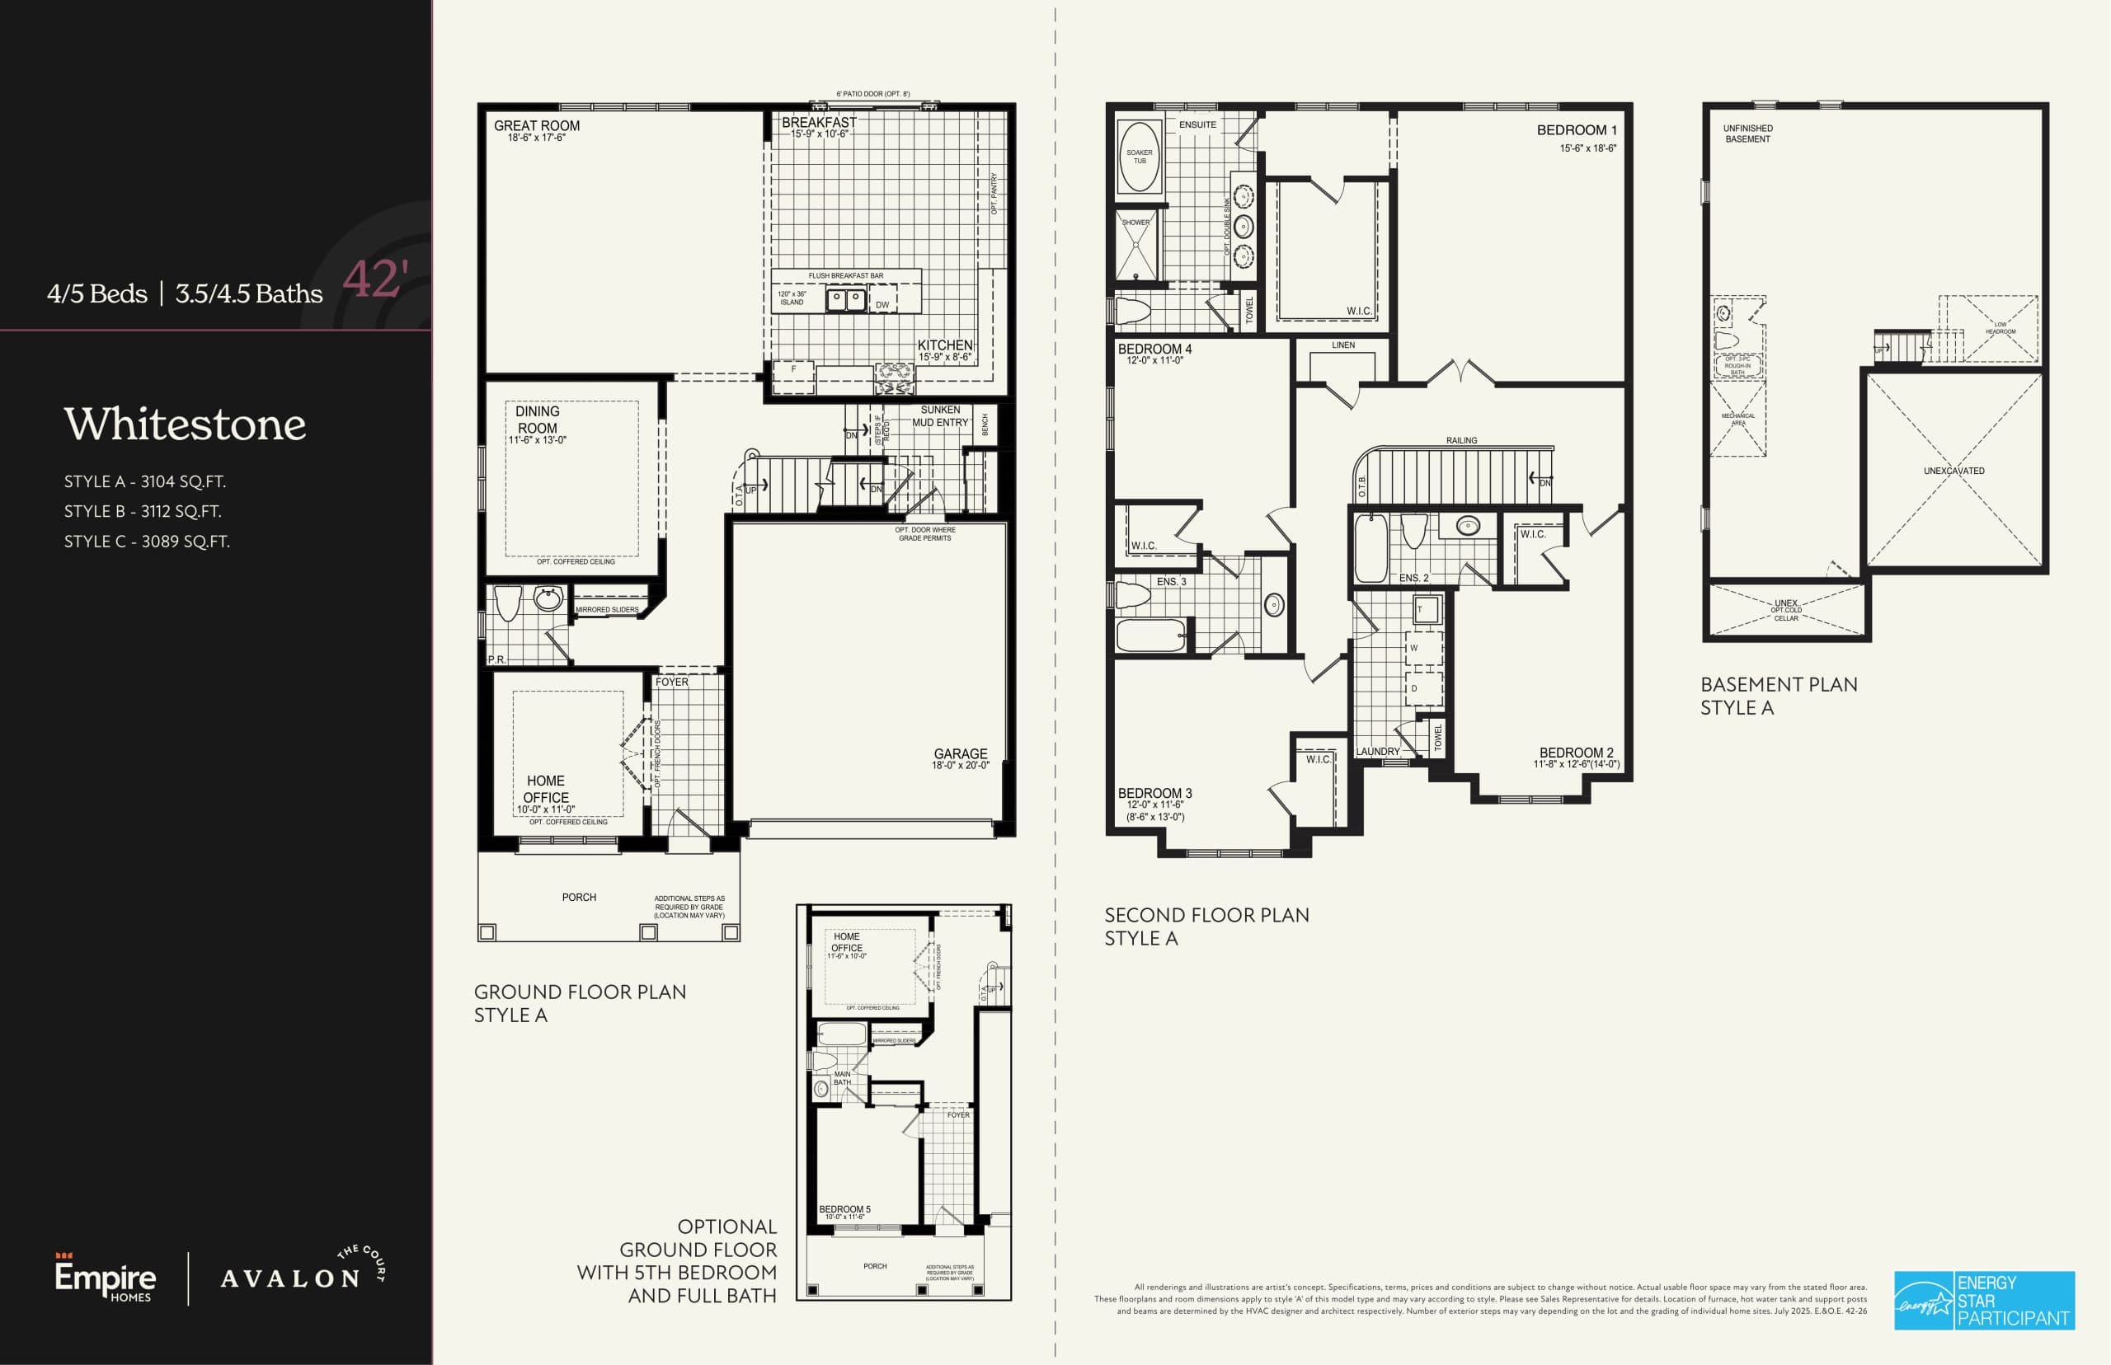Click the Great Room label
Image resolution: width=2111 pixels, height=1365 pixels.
[x=536, y=126]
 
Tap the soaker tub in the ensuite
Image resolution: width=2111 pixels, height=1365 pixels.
[x=1140, y=157]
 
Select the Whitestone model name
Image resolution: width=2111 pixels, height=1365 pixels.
[x=185, y=425]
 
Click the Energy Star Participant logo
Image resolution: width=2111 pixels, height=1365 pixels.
[x=1984, y=1301]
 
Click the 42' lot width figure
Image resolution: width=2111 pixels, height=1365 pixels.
[x=375, y=280]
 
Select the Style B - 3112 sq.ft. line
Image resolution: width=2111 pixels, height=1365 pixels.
[x=143, y=511]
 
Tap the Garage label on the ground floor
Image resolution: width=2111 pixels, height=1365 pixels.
[x=960, y=754]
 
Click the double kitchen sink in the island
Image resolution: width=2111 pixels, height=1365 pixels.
[x=846, y=301]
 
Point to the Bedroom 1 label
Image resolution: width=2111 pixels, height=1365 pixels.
[x=1577, y=130]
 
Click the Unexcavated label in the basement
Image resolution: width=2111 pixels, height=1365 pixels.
[x=1953, y=471]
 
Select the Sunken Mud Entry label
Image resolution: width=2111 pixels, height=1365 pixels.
[x=940, y=415]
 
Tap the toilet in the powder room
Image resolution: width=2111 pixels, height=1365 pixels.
[x=507, y=603]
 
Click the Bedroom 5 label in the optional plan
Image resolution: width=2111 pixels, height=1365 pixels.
[x=844, y=1209]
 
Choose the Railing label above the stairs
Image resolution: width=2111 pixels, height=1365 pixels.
[x=1461, y=440]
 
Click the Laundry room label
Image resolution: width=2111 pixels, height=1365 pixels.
[x=1378, y=752]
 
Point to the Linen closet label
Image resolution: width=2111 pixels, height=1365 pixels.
[x=1342, y=345]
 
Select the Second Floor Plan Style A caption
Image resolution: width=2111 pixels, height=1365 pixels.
[x=1206, y=926]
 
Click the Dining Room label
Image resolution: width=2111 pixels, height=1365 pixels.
[x=538, y=420]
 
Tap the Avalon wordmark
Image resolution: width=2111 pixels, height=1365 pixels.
[x=290, y=1279]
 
